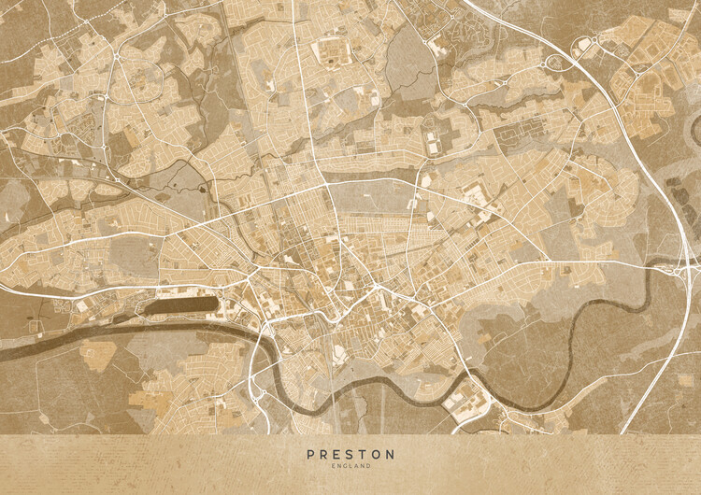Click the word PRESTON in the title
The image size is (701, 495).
[350, 454]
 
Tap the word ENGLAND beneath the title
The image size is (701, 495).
[350, 465]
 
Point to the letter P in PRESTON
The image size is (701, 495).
[310, 454]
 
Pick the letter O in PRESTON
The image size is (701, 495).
[375, 454]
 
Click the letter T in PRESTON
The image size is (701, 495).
[359, 454]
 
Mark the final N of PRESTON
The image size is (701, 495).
[391, 454]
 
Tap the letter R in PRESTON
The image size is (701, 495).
[322, 454]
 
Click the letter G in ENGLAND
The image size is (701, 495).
[342, 465]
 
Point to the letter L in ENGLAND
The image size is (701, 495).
[349, 465]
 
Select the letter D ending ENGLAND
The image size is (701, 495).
[368, 465]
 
